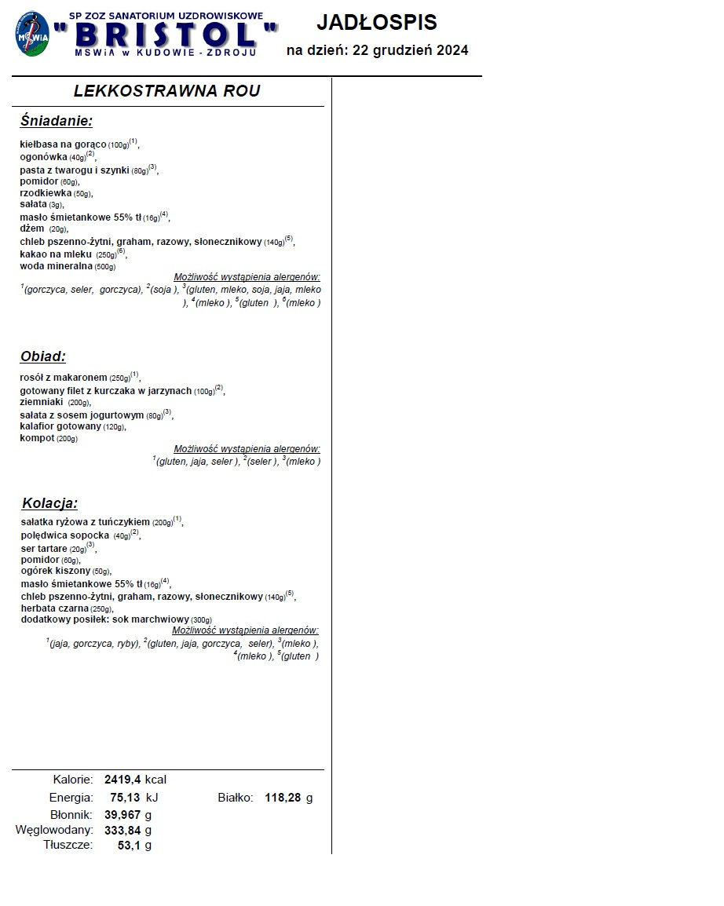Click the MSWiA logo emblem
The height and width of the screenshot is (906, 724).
33,34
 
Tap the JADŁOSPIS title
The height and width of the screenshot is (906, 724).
377,23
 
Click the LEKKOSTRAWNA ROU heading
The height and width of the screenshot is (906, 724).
166,91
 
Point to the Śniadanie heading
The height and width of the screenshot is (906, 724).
57,121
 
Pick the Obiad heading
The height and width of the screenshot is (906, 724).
43,356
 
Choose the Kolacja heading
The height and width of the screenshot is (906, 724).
49,503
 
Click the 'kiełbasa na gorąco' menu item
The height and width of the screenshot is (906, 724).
63,144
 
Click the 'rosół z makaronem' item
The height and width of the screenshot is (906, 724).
63,378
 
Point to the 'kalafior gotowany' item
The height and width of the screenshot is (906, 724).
60,426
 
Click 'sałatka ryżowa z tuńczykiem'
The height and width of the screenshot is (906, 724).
85,521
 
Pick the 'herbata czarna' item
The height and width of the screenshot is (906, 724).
55,608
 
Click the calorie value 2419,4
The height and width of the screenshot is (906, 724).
122,780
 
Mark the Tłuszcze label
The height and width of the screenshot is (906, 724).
68,845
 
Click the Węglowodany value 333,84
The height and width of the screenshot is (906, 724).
122,830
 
